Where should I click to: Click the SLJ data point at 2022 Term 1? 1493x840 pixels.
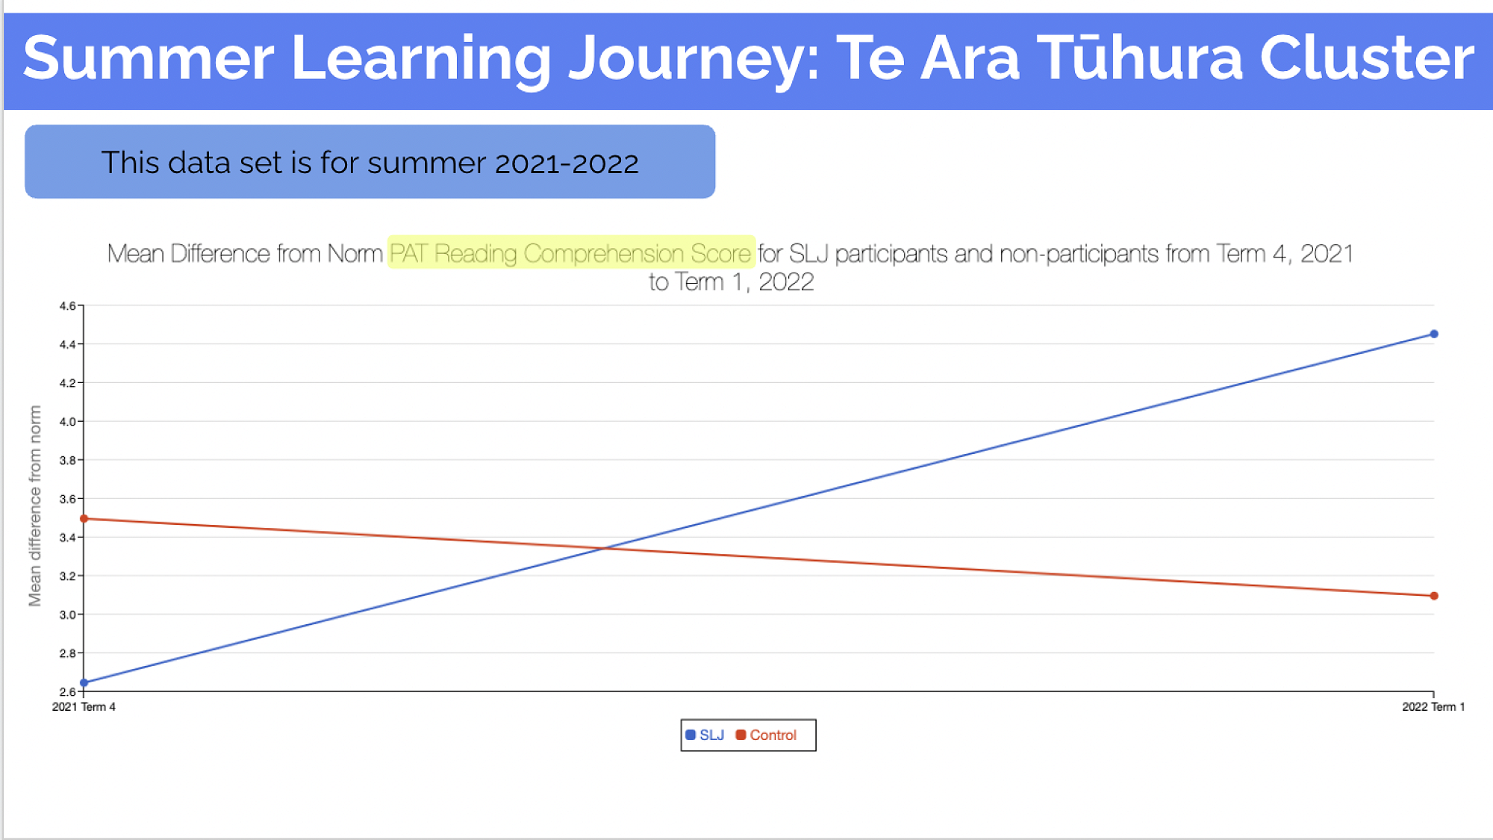click(x=1433, y=334)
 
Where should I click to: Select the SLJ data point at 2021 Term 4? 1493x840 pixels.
click(x=84, y=682)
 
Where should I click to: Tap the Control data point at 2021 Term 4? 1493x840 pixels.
click(x=84, y=519)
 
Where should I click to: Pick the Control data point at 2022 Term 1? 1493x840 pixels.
click(x=1433, y=596)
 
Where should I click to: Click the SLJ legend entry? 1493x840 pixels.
click(x=705, y=735)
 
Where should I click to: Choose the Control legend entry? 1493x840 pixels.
click(x=766, y=735)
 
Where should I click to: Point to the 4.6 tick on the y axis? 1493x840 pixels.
click(x=67, y=305)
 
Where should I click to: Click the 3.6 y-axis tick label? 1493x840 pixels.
click(x=67, y=499)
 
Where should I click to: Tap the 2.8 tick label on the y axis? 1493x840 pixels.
click(x=67, y=653)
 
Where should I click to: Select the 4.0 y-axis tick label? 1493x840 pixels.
click(x=67, y=421)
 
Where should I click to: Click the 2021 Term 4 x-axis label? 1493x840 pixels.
click(x=84, y=706)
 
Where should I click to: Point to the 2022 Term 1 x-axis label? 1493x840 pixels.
click(x=1433, y=706)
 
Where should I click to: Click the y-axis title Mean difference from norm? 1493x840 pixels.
click(x=34, y=505)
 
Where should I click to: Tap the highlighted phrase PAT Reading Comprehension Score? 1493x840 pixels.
click(x=570, y=254)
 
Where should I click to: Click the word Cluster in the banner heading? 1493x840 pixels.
click(x=1367, y=58)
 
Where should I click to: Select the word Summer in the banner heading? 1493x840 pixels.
click(x=149, y=58)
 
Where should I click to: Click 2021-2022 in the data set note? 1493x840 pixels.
click(x=567, y=163)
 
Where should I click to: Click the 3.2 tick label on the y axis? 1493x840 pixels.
click(x=67, y=576)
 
